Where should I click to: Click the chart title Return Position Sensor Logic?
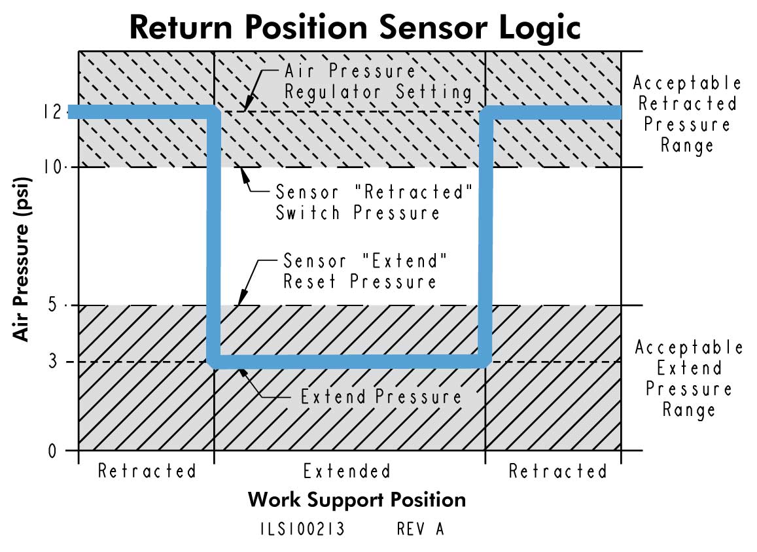click(x=355, y=27)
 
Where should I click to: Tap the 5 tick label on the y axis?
click(x=63, y=305)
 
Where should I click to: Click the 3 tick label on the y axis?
click(x=63, y=362)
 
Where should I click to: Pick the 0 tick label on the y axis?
click(x=63, y=451)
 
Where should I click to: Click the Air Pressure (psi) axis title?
click(x=23, y=258)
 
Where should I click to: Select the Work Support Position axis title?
click(x=357, y=500)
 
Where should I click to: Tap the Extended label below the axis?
click(x=347, y=471)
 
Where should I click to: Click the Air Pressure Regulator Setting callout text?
click(x=378, y=81)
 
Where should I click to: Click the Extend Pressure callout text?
click(x=381, y=397)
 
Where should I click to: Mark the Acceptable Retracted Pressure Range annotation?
click(x=686, y=114)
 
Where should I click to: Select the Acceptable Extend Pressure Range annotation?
click(x=688, y=378)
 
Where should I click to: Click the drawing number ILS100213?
click(x=302, y=529)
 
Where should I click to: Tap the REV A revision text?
click(x=420, y=529)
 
